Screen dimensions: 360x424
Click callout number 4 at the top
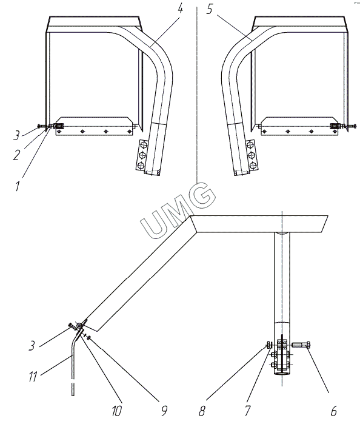click(180, 8)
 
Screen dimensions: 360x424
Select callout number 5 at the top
click(210, 10)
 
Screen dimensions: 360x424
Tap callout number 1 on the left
click(18, 186)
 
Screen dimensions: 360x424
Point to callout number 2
click(17, 155)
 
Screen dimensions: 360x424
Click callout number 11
click(33, 377)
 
